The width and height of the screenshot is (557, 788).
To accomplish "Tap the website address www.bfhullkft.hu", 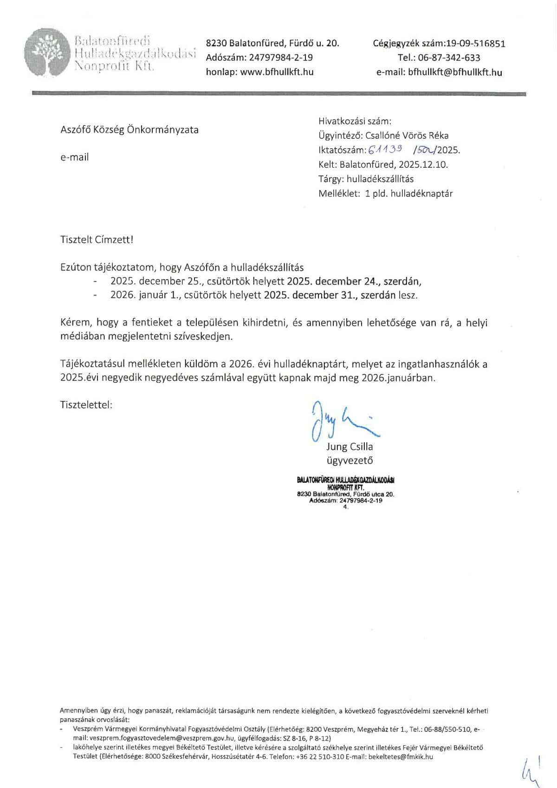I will point(277,72).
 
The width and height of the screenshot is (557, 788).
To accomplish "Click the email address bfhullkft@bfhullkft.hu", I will point(455,72).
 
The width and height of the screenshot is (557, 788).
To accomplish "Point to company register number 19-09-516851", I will point(475,44).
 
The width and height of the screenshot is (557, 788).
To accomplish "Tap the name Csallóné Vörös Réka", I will point(407,136).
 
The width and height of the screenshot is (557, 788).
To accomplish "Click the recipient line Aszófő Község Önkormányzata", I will point(130,130).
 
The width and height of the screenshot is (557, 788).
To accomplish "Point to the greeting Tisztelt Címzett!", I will point(97,240).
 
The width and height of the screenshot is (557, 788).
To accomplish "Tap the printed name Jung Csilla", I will point(350,447).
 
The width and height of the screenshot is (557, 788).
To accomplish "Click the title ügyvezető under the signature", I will point(350,460).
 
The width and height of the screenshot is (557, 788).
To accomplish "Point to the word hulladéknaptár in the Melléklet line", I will point(421,193).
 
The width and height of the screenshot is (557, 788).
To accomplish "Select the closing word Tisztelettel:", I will point(86,405).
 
